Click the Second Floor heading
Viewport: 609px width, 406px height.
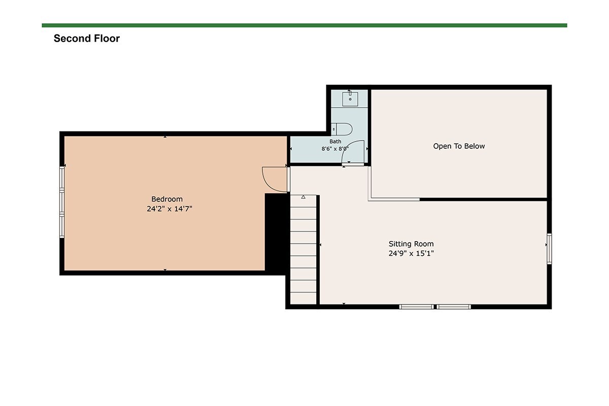pyautogui.click(x=86, y=39)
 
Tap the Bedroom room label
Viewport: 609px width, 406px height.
pyautogui.click(x=167, y=199)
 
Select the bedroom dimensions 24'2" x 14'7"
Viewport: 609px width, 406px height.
pyautogui.click(x=170, y=209)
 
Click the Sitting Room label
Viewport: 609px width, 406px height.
pyautogui.click(x=411, y=244)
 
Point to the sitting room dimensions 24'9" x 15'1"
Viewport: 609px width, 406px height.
pyautogui.click(x=411, y=253)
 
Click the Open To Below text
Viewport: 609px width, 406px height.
pyautogui.click(x=459, y=146)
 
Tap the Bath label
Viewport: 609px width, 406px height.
pyautogui.click(x=335, y=142)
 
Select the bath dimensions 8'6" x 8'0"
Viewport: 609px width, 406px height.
pyautogui.click(x=335, y=149)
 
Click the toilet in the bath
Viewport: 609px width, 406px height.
pyautogui.click(x=342, y=129)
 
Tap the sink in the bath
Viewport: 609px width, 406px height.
pyautogui.click(x=350, y=98)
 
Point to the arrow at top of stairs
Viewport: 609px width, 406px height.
pyautogui.click(x=303, y=197)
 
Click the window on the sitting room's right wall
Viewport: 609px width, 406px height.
pyautogui.click(x=549, y=249)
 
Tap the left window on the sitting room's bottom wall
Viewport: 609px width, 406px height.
pyautogui.click(x=417, y=307)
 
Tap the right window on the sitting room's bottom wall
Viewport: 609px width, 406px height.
pyautogui.click(x=454, y=307)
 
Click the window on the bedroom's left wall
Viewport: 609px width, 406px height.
pyautogui.click(x=62, y=202)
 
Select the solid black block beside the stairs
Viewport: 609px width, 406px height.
pyautogui.click(x=277, y=233)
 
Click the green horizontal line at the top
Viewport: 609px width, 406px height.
pyautogui.click(x=304, y=25)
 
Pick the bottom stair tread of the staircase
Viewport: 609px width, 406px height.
pyautogui.click(x=303, y=298)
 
